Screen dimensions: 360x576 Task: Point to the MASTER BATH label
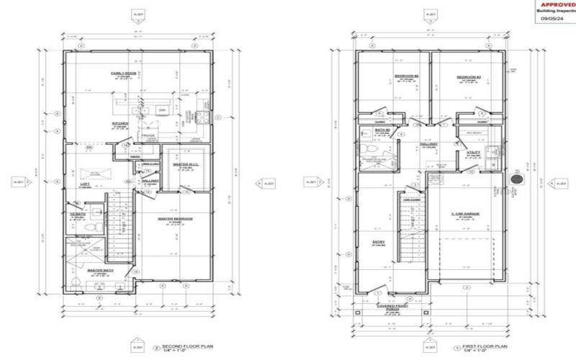98,271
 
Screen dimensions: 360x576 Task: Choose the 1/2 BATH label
78,214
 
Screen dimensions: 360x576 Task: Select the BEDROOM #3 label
468,76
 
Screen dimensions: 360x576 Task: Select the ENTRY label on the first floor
379,242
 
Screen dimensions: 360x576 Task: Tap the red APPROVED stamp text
556,4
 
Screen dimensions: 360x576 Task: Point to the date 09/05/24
553,19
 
